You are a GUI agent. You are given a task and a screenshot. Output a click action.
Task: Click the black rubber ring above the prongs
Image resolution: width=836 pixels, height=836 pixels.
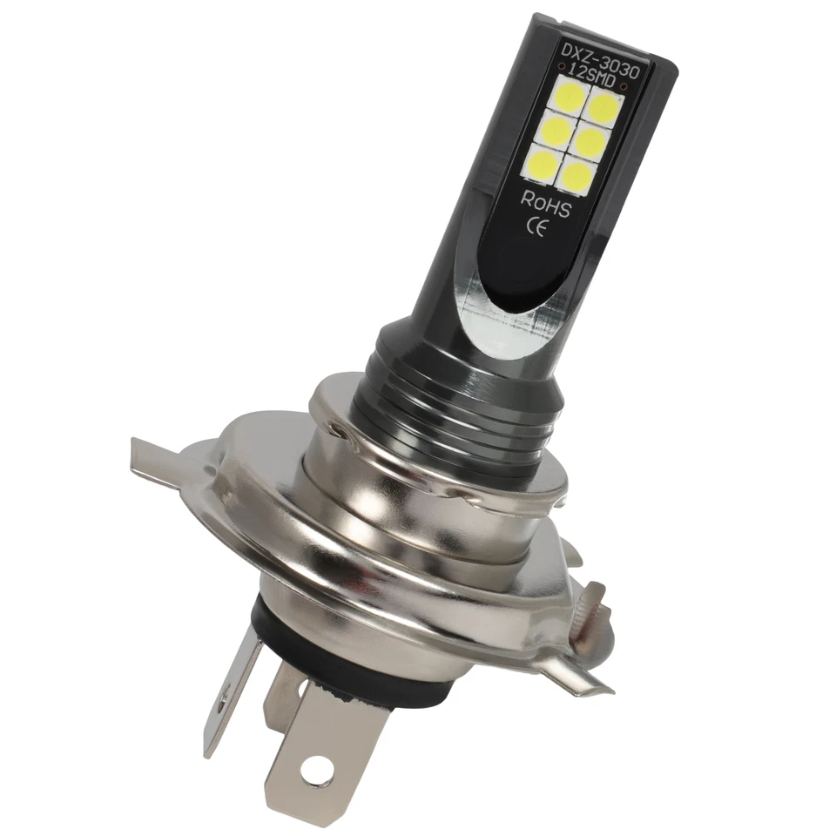point(287,640)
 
